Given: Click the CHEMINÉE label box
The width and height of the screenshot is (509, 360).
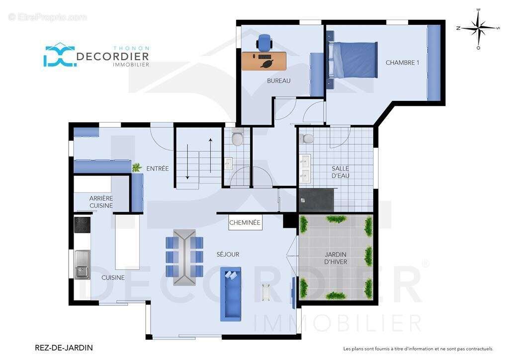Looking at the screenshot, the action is pyautogui.click(x=245, y=222).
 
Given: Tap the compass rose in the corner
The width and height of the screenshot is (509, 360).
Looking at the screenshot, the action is pyautogui.click(x=478, y=28).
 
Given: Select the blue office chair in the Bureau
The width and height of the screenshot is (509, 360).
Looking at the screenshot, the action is pyautogui.click(x=264, y=43).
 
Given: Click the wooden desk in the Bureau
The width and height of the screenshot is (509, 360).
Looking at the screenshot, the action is pyautogui.click(x=264, y=61).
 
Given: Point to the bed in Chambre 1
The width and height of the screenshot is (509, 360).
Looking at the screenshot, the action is pyautogui.click(x=353, y=60).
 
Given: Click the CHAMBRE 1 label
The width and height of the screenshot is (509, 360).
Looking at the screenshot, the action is pyautogui.click(x=402, y=63).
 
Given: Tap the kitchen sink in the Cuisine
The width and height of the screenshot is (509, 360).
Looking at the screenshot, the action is pyautogui.click(x=83, y=265).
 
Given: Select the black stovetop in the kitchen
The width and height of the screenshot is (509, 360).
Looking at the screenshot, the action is pyautogui.click(x=82, y=225).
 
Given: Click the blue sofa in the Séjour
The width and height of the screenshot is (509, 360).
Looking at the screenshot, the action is pyautogui.click(x=231, y=294).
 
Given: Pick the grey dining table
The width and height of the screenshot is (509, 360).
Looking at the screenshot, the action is pyautogui.click(x=184, y=258).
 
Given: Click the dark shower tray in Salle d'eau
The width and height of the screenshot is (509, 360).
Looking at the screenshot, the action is pyautogui.click(x=316, y=199).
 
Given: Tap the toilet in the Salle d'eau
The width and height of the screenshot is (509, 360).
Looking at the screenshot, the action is pyautogui.click(x=306, y=139).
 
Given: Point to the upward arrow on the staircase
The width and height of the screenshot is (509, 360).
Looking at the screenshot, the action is pyautogui.click(x=211, y=156).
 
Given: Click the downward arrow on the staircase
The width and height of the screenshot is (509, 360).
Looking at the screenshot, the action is pyautogui.click(x=187, y=161).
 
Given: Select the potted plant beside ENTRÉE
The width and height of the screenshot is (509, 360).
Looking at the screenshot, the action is pyautogui.click(x=137, y=168).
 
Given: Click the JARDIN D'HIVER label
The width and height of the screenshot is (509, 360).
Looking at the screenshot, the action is pyautogui.click(x=336, y=258).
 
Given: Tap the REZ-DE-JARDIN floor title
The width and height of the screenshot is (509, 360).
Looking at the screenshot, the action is pyautogui.click(x=64, y=348).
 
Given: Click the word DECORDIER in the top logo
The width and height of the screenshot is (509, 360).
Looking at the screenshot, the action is pyautogui.click(x=113, y=56).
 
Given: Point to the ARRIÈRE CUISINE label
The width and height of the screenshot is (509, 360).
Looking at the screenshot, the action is pyautogui.click(x=101, y=201).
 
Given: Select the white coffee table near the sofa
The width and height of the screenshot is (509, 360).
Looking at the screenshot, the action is pyautogui.click(x=266, y=292).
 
